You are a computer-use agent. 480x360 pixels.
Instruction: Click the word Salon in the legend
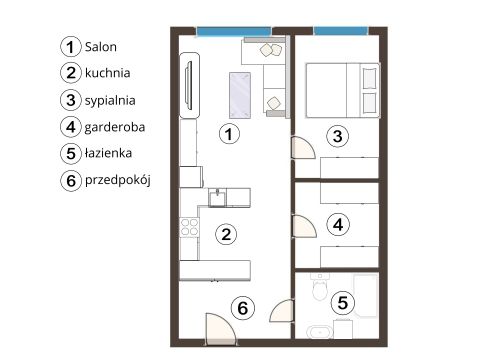[101, 47]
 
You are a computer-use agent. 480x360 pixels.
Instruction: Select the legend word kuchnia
[107, 73]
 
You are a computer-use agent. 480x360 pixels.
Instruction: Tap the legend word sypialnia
[110, 101]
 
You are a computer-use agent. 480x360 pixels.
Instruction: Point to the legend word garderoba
[115, 127]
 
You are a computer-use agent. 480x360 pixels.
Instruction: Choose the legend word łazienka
[108, 153]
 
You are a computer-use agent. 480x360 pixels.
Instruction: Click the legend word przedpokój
[118, 180]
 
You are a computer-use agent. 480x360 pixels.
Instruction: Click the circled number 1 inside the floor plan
[229, 134]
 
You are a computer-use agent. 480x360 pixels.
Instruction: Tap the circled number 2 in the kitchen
[226, 234]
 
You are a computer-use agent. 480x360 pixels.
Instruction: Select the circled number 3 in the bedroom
[338, 136]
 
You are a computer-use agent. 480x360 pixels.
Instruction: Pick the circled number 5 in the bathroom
[342, 303]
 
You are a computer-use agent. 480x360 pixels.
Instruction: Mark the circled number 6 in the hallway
[242, 308]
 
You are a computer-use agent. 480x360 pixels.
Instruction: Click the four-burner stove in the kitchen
[189, 227]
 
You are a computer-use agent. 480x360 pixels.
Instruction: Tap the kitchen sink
[217, 197]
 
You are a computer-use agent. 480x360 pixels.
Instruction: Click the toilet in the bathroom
[320, 287]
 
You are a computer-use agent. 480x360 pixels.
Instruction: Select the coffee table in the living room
[240, 95]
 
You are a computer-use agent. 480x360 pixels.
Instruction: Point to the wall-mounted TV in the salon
[189, 85]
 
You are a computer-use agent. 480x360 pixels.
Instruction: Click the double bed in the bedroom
[343, 90]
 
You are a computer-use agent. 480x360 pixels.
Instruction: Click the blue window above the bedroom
[341, 31]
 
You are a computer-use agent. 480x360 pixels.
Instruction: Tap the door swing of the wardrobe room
[304, 226]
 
